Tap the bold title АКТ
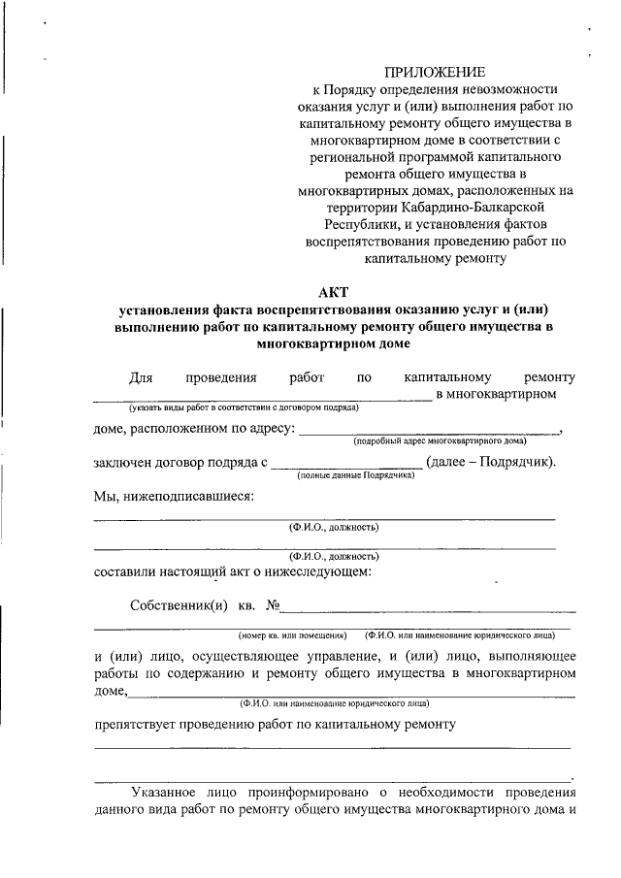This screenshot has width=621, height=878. point(335,291)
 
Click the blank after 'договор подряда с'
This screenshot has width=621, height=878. point(346,463)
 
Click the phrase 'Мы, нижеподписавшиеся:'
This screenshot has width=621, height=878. point(174,497)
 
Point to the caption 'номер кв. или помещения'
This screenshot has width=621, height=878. point(293,636)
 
